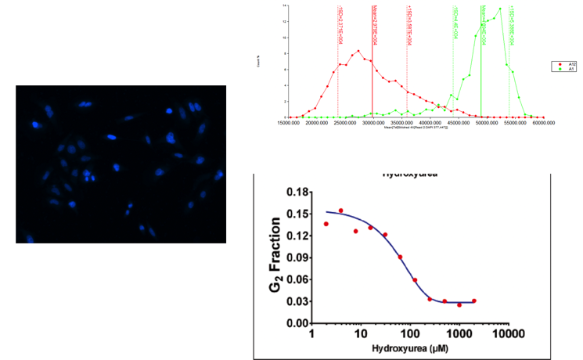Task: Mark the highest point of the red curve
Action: click(x=358, y=51)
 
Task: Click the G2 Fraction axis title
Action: click(x=275, y=257)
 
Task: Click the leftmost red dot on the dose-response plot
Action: click(x=326, y=224)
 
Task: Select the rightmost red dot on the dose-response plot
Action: click(x=474, y=301)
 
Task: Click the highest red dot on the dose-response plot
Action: click(x=340, y=211)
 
